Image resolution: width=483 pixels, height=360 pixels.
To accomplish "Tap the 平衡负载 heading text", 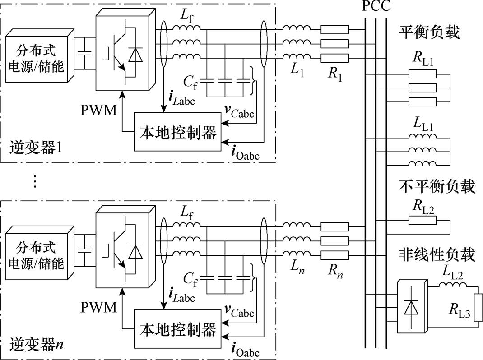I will [429, 32].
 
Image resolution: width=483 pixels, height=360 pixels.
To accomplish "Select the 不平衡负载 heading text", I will [437, 186].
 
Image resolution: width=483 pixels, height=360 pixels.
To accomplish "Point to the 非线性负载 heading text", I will [437, 255].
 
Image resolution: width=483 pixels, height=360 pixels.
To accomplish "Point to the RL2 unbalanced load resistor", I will [423, 220].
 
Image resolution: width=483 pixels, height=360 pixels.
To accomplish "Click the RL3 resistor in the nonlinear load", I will [479, 307].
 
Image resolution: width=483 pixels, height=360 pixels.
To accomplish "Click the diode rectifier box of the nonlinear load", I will [410, 307].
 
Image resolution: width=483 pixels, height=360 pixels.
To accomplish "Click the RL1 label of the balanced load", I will [423, 60].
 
